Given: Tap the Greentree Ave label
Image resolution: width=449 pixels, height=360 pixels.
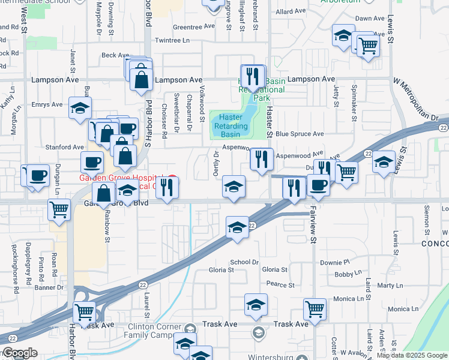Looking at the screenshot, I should (193, 27).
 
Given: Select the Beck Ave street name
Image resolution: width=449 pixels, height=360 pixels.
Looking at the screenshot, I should (115, 55).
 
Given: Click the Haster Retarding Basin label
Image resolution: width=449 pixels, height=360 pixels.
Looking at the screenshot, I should (231, 126).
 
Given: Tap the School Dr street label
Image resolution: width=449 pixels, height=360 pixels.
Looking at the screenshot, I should (244, 262).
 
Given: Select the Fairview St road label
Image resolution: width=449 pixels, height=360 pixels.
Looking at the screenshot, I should (313, 226).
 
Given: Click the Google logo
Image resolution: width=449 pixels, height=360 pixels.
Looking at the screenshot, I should (20, 353).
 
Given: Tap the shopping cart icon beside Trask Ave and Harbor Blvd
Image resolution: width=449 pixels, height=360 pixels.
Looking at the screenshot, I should (84, 312).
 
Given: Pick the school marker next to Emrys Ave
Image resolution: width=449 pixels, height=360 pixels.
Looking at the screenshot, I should (80, 109).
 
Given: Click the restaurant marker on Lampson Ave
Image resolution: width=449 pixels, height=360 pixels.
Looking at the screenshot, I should (253, 76).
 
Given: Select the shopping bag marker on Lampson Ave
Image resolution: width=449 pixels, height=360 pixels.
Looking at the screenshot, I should (140, 80).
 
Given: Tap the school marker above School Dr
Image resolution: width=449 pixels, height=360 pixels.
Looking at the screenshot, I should (237, 228).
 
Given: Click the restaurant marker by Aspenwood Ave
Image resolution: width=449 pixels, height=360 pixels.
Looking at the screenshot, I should (261, 160).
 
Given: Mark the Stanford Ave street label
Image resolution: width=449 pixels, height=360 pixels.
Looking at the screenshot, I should (65, 147).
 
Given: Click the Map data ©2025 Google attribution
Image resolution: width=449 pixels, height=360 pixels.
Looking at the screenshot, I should (411, 355).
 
